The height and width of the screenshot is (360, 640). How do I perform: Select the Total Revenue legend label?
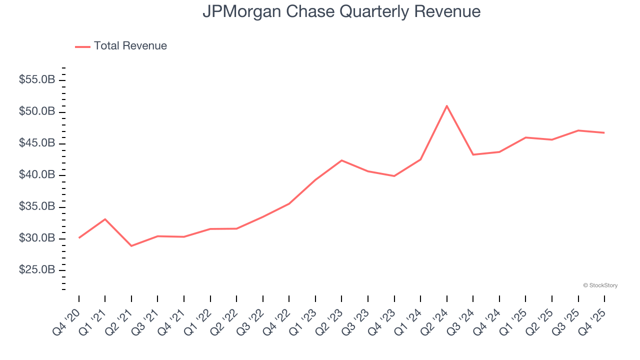130,46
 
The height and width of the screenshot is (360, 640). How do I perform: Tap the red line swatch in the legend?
82,46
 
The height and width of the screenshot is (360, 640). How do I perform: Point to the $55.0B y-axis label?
37,80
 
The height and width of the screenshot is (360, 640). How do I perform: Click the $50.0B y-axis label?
37,111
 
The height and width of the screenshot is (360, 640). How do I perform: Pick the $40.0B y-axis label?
37,175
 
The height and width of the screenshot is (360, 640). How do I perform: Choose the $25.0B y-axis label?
37,270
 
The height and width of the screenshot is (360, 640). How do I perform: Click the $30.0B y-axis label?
37,238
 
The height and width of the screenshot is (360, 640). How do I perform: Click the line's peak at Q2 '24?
446,106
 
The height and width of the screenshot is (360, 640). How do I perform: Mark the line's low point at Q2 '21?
131,246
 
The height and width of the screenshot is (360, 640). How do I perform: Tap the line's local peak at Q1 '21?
105,219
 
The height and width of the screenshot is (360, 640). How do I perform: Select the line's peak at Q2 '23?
341,160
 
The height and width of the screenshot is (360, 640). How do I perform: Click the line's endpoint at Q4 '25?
604,132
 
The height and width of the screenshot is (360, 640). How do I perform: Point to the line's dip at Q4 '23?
394,176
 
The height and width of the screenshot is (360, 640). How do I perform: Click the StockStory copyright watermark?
600,285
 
